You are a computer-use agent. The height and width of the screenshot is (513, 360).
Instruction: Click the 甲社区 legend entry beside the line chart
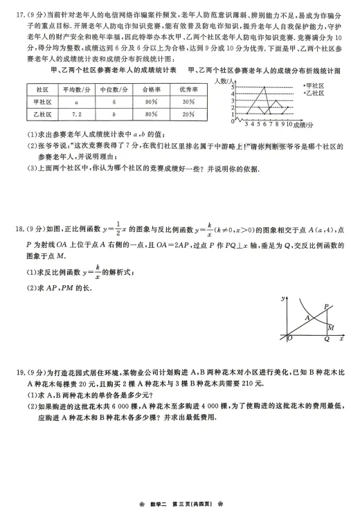pyautogui.click(x=314, y=85)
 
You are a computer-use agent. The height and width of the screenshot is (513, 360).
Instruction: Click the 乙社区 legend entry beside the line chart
pyautogui.click(x=314, y=92)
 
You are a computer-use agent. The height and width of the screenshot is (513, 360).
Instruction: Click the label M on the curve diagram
pyautogui.click(x=331, y=327)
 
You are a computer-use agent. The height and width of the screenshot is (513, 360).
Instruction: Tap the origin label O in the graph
pyautogui.click(x=289, y=339)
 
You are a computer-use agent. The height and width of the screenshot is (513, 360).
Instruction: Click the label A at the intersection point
pyautogui.click(x=307, y=316)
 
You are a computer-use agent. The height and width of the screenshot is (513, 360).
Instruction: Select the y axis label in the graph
pyautogui.click(x=285, y=298)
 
